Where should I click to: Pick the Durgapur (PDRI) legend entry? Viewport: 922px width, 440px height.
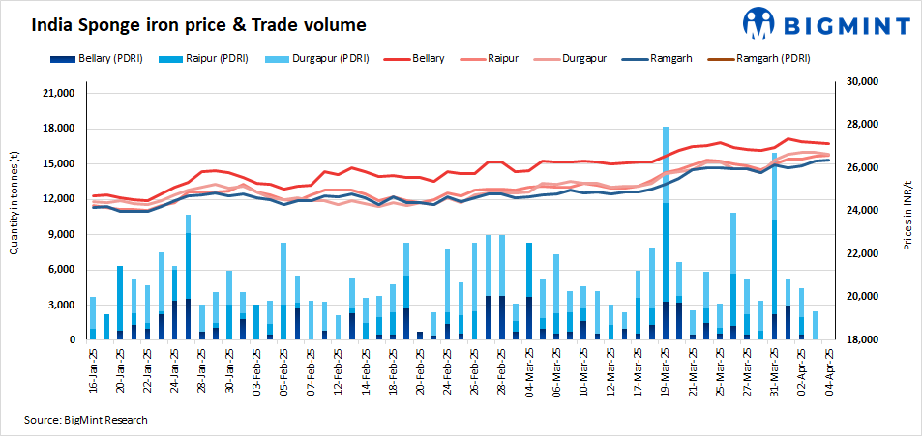coord(326,59)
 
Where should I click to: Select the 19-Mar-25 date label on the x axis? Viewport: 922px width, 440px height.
coord(667,369)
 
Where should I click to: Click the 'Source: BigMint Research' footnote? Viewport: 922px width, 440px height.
coord(86,420)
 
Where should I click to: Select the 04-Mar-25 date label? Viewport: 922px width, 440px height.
coord(529,369)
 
